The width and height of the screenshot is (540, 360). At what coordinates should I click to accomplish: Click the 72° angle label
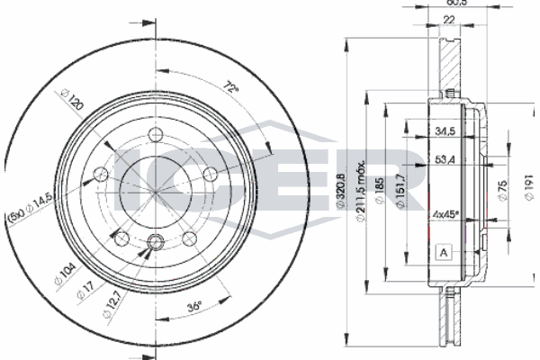[231, 88]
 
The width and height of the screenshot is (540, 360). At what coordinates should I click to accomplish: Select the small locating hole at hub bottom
[156, 240]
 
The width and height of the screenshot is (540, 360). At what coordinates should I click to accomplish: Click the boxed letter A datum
[442, 251]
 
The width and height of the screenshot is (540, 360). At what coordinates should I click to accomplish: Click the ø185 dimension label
[382, 191]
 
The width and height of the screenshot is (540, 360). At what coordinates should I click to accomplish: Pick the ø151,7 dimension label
[399, 191]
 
